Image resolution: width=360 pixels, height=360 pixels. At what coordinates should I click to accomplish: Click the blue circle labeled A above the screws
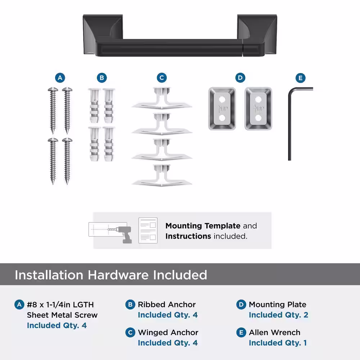[60, 78]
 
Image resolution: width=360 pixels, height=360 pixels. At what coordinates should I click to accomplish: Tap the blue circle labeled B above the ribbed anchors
[102, 78]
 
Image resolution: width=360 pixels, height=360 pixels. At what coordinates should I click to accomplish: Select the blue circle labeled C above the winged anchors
[162, 78]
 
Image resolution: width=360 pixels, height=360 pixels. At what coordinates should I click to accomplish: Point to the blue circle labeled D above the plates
[240, 78]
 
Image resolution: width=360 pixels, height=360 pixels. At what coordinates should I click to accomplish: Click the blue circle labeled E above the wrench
[300, 78]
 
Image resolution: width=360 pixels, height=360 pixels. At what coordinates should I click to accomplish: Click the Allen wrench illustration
[290, 124]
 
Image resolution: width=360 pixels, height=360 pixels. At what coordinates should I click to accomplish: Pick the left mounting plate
[222, 109]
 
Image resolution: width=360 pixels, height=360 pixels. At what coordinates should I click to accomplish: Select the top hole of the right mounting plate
[258, 100]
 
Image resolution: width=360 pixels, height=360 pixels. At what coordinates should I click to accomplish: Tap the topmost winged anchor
[162, 98]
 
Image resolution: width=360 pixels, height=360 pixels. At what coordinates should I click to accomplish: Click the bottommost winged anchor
[162, 175]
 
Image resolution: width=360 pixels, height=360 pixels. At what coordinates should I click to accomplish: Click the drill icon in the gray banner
[124, 234]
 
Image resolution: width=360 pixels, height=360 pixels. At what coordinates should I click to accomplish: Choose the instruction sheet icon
[148, 230]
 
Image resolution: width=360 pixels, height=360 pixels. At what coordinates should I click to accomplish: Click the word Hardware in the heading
[118, 275]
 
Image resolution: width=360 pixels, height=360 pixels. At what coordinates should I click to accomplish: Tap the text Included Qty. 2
[278, 315]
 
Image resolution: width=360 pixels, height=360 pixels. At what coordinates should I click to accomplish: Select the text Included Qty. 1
[278, 343]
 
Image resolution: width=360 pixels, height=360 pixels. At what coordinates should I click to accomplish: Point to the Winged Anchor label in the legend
[168, 332]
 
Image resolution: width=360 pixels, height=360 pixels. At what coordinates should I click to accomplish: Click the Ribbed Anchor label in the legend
[167, 305]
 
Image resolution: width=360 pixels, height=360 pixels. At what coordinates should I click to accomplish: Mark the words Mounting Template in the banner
[203, 226]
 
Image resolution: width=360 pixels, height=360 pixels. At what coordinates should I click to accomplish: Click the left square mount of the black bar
[103, 35]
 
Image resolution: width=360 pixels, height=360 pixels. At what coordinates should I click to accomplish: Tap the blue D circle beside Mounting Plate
[241, 305]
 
